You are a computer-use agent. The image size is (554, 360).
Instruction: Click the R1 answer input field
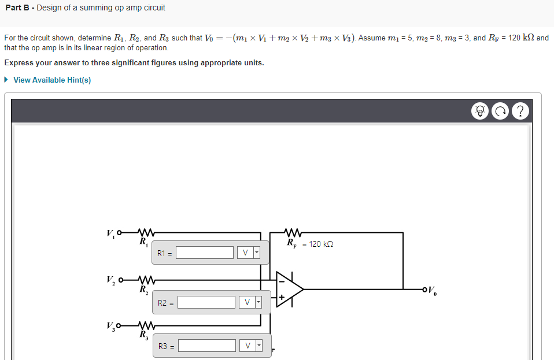[x=205, y=253]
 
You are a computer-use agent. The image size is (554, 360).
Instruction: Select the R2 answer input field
[x=206, y=302]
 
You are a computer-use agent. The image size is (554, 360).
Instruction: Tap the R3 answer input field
[x=206, y=346]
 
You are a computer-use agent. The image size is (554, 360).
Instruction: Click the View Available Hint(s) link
[x=52, y=80]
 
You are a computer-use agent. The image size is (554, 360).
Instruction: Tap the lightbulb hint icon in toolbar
[x=479, y=111]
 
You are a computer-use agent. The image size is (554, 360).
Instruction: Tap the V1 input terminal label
[x=110, y=235]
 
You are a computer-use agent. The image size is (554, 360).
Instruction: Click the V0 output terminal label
[x=434, y=290]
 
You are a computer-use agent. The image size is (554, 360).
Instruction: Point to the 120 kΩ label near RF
[x=322, y=244]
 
